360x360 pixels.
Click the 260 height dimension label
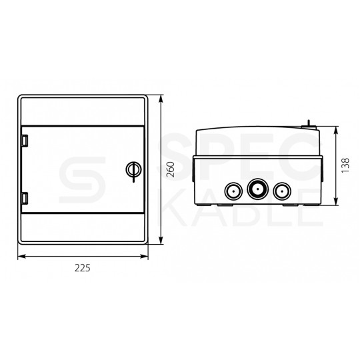tap(171, 170)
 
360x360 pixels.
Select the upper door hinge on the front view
tap(25, 141)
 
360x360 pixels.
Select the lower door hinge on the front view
tap(25, 198)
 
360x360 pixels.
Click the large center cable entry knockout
tap(255, 189)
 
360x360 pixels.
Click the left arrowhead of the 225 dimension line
tap(20, 255)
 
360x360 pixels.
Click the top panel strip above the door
tap(81, 111)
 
